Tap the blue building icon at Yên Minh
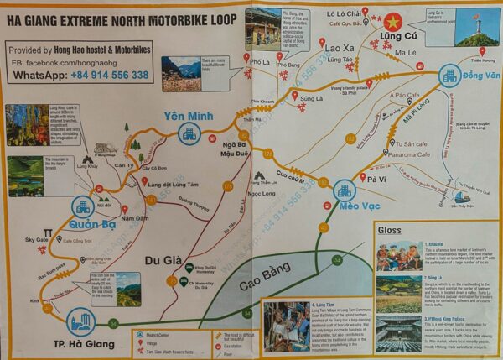tap(189, 133)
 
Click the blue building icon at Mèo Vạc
tap(345, 190)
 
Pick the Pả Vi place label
tap(377, 178)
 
